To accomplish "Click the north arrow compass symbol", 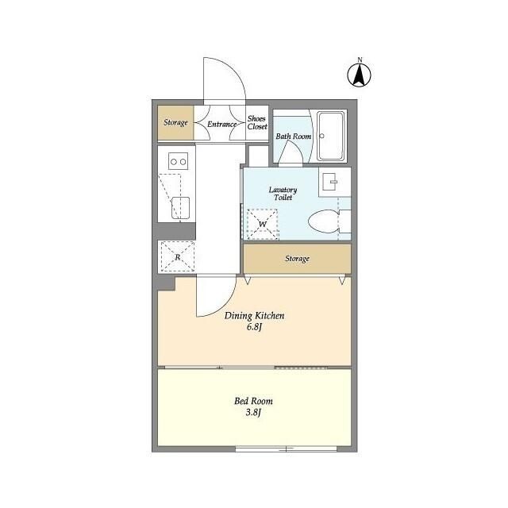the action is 360,75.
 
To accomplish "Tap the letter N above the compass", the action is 360,60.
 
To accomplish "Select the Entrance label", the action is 222,124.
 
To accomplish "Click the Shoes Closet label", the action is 257,123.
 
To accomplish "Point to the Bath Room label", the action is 294,137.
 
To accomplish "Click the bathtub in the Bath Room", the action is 330,136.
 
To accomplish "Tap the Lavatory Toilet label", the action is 283,194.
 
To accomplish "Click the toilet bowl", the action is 324,221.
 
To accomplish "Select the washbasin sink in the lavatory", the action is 330,182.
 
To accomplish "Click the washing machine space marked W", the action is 263,224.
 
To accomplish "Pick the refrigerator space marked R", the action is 178,257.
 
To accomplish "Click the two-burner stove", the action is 178,161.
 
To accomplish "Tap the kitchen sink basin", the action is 180,208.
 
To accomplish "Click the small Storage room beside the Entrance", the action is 175,123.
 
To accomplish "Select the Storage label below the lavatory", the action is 297,259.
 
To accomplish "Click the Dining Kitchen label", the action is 254,316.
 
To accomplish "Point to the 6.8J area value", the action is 254,327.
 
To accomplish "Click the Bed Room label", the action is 254,401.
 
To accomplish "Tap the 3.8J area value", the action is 253,413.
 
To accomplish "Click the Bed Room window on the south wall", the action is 286,449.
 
